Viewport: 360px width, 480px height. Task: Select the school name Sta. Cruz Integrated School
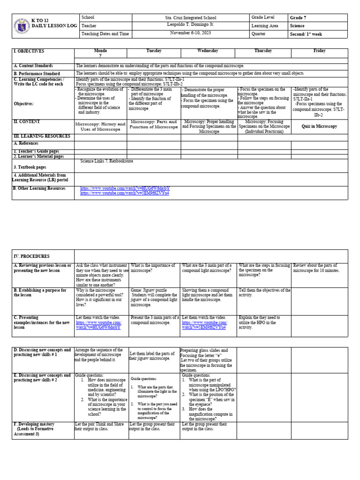pyautogui.click(x=191, y=17)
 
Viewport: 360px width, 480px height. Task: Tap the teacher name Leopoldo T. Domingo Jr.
pyautogui.click(x=191, y=25)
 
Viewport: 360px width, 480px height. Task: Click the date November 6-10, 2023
pyautogui.click(x=191, y=33)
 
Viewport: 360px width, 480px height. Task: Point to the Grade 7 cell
pyautogui.click(x=298, y=18)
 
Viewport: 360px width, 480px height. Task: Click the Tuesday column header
pyautogui.click(x=154, y=51)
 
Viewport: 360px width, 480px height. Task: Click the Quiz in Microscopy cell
pyautogui.click(x=319, y=126)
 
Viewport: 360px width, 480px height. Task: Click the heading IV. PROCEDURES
pyautogui.click(x=31, y=256)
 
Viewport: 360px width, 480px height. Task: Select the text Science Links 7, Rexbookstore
pyautogui.click(x=107, y=161)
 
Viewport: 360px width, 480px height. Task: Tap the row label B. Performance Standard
pyautogui.click(x=37, y=74)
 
